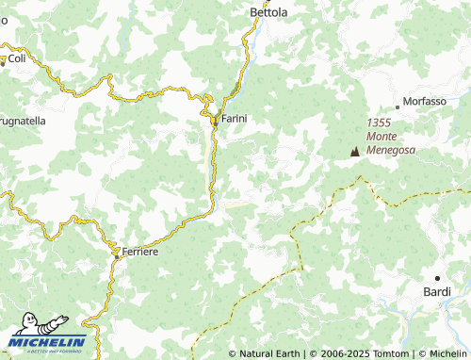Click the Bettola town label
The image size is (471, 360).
[x=268, y=12]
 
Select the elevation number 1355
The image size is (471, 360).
[x=380, y=123]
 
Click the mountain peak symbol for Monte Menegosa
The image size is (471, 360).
[x=355, y=151]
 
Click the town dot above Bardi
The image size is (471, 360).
[x=437, y=278]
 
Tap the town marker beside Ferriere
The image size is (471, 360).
[x=117, y=253]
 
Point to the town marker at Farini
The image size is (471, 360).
[x=215, y=121]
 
